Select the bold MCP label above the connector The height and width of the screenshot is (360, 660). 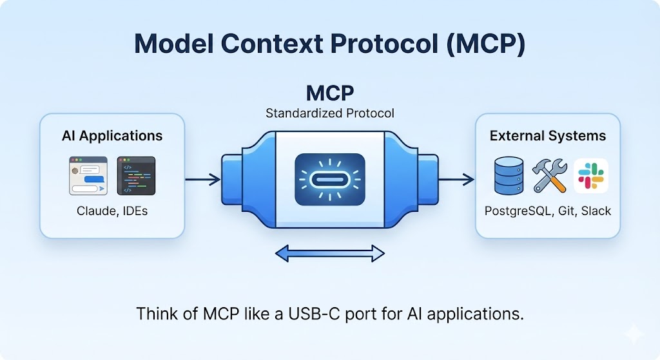(x=329, y=93)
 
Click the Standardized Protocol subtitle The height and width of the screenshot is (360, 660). (x=329, y=113)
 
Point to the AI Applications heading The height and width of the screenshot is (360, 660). (x=112, y=136)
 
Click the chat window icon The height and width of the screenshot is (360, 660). (x=89, y=175)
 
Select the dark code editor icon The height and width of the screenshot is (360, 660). (x=136, y=175)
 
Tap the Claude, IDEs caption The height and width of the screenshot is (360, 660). (x=112, y=211)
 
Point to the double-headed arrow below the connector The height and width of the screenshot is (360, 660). (x=329, y=254)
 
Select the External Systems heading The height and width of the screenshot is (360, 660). (x=547, y=136)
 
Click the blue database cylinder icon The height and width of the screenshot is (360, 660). (x=509, y=176)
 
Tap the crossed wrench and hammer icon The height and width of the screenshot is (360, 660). (x=549, y=176)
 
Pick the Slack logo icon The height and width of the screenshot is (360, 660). (x=590, y=176)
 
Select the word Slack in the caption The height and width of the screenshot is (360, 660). (x=596, y=211)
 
